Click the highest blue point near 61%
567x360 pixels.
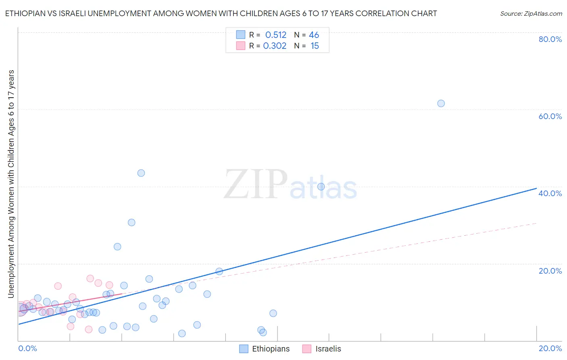[441, 103]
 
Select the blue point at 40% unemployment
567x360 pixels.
[321, 186]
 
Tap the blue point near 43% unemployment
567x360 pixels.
[141, 173]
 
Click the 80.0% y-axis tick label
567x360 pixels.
[550, 39]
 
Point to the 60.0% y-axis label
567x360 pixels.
[550, 116]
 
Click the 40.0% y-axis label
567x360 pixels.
[550, 193]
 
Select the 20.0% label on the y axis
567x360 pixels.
[550, 271]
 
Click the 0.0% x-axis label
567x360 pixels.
[27, 349]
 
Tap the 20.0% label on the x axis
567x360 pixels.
[550, 349]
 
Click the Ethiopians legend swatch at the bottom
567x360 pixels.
[244, 349]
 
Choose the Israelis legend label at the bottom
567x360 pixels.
[328, 349]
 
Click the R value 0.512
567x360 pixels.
[276, 35]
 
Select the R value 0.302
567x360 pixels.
[275, 46]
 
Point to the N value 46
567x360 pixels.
[314, 35]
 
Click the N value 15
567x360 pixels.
[315, 46]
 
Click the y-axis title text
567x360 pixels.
[11, 184]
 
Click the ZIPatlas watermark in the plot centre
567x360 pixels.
[290, 185]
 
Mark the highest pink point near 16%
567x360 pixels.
[90, 278]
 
